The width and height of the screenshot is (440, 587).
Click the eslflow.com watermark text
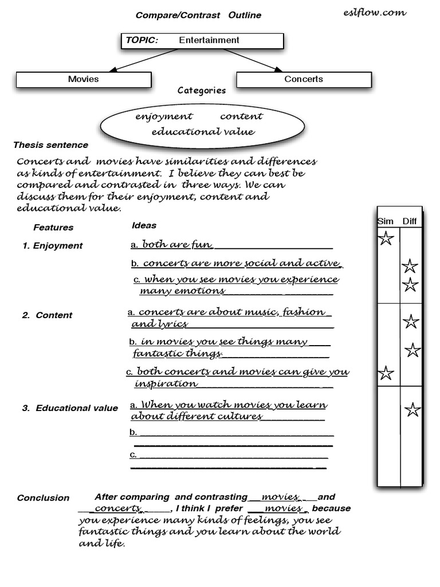pos(376,12)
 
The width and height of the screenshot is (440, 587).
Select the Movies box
pos(84,80)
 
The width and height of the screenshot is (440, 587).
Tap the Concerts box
pos(304,80)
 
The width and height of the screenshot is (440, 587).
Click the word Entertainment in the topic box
pos(209,40)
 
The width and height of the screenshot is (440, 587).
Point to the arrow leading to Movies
pos(137,61)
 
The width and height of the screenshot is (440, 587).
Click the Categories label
pos(202,91)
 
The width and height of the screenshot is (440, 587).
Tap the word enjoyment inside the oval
pos(164,116)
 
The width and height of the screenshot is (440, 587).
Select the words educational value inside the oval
pos(203,132)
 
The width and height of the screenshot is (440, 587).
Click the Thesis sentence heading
pos(51,145)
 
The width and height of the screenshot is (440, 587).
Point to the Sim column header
pos(386,222)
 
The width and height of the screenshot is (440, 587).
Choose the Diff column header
pos(410,222)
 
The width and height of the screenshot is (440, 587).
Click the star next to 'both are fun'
pos(386,238)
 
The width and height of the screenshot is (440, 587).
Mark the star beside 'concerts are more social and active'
pos(410,266)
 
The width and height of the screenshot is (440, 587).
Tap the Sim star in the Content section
pos(386,373)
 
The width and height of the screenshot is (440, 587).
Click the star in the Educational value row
pos(412,410)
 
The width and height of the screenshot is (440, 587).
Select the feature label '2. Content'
pos(48,315)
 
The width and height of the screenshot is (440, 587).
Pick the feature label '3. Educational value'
pos(70,408)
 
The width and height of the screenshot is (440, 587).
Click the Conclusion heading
pos(43,498)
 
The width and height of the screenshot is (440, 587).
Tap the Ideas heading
pos(144,226)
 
